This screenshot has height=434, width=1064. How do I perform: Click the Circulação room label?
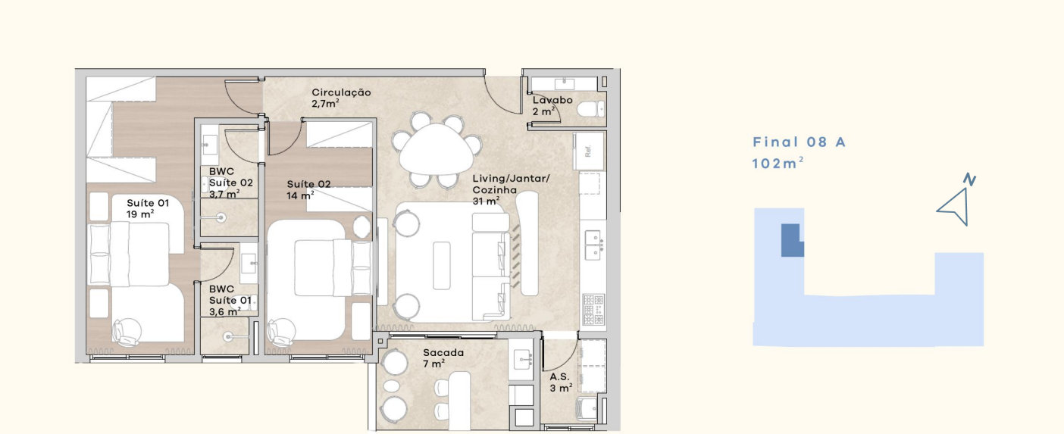point(341,92)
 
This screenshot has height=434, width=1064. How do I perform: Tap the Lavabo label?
point(552,100)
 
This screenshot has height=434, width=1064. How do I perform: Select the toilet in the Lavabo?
point(591,109)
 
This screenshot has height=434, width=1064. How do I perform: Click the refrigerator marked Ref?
point(589,151)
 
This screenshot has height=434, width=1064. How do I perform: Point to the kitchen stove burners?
point(593,309)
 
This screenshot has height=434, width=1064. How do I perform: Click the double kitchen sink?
point(593,245)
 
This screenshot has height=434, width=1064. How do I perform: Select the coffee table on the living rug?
point(442,265)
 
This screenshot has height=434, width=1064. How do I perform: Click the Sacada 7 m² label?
point(443,358)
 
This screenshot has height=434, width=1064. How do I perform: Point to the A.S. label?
point(559,377)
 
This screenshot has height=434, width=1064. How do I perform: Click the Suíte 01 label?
point(148,203)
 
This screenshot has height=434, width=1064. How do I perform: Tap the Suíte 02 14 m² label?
point(308,189)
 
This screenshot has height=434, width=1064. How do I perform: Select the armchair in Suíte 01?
point(127,332)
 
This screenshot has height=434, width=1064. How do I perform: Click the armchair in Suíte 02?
point(281,332)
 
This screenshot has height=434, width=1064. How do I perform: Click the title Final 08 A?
point(799,142)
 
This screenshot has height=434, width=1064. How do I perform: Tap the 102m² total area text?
point(778,164)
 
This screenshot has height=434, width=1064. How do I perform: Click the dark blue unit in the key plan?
point(792,240)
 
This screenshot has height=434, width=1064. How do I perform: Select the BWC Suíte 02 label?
point(231,183)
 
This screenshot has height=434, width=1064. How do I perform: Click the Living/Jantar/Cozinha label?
point(511,189)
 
